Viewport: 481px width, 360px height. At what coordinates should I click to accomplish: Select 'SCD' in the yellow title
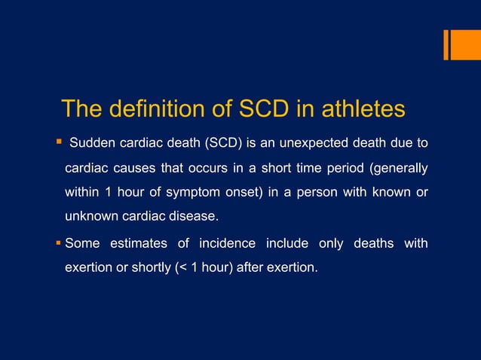[266, 109]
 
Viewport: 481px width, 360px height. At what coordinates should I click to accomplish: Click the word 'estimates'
[138, 243]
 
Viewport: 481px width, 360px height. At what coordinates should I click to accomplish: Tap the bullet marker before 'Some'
[58, 243]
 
